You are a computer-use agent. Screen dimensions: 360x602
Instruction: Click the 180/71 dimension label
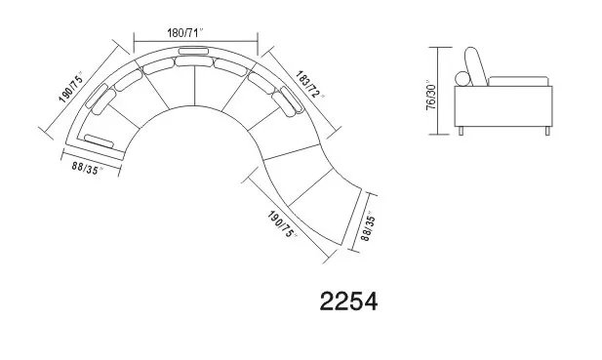[193, 33]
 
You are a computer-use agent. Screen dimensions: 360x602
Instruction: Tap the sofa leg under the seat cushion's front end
[550, 131]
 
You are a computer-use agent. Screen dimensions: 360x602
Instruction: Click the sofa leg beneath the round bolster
[462, 131]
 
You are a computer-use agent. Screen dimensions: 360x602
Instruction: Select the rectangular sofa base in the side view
[505, 105]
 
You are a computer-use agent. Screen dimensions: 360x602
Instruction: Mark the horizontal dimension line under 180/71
[194, 42]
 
